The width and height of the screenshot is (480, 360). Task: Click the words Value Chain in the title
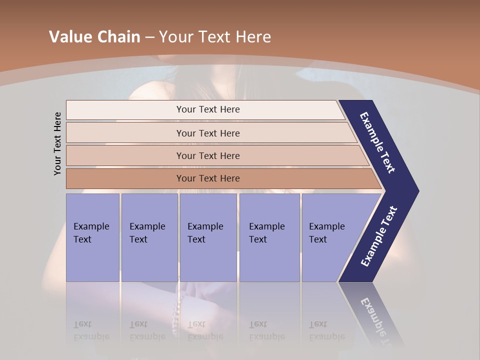94,36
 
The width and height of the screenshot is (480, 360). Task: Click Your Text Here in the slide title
215,36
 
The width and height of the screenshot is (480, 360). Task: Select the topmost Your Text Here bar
207,109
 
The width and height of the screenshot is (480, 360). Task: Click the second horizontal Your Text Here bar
207,133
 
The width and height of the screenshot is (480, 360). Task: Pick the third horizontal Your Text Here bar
207,155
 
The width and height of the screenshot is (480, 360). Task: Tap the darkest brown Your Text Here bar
207,178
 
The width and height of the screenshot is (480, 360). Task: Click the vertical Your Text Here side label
57,143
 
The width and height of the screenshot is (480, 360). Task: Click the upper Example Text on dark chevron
377,142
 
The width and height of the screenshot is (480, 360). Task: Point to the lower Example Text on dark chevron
378,236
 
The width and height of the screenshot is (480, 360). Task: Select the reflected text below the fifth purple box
326,330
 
